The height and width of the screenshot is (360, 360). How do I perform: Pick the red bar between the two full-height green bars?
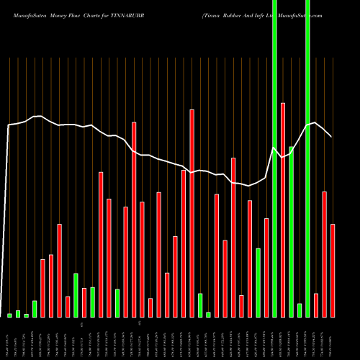(x=283, y=209)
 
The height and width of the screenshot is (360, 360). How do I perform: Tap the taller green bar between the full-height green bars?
(x=291, y=230)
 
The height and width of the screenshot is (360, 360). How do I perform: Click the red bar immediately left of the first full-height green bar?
(x=266, y=266)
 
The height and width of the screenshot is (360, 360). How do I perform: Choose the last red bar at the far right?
(x=333, y=270)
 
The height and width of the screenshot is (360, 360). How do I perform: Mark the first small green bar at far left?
(x=9, y=315)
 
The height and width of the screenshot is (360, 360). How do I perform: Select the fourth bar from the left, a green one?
(x=35, y=309)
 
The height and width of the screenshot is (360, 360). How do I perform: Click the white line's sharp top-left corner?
(x=9, y=125)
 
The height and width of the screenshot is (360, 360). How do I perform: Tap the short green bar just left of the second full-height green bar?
(x=300, y=310)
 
